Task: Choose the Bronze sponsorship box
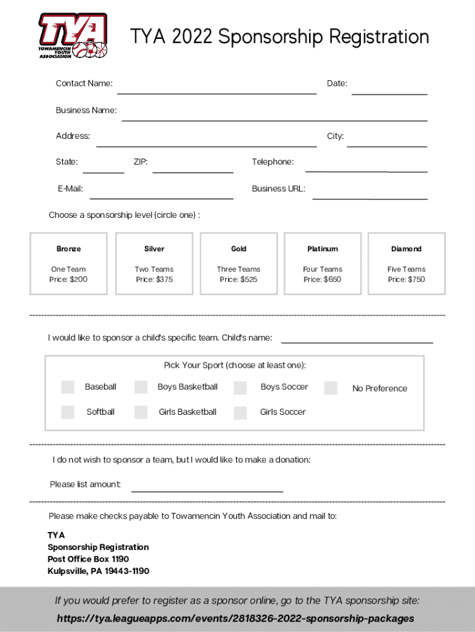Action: (x=68, y=263)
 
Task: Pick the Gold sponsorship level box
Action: (x=239, y=263)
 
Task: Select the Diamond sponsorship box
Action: (x=407, y=263)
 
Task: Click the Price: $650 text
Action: (x=322, y=280)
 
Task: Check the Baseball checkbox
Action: (x=68, y=387)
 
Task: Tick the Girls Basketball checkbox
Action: (x=141, y=412)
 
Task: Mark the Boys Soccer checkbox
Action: (x=240, y=388)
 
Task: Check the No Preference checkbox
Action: (x=331, y=388)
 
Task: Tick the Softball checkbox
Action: (x=68, y=412)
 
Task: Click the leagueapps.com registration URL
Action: (x=236, y=618)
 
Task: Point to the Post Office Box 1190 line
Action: (x=88, y=559)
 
